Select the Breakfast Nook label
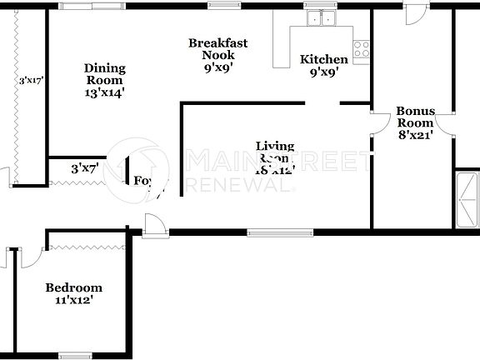coord(217,49)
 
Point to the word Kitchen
coord(323,59)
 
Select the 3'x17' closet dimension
coord(32,81)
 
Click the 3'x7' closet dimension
coord(85,168)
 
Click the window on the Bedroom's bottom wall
coord(74,356)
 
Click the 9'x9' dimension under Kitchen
coord(323,72)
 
